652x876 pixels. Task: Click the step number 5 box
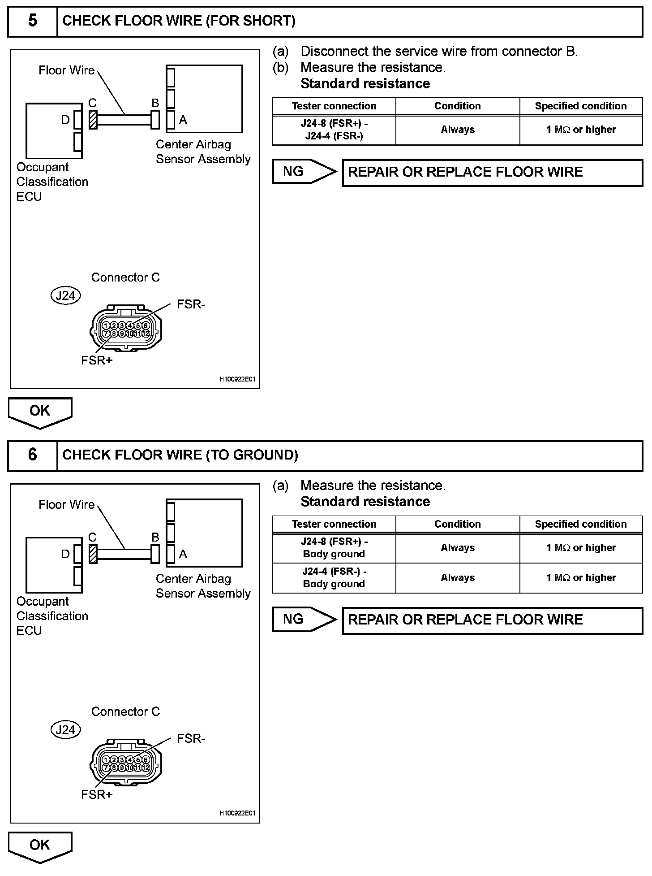point(33,21)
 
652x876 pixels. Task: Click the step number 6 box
point(33,455)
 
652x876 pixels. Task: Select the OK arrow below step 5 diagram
point(40,412)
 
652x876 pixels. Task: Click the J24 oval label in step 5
point(65,295)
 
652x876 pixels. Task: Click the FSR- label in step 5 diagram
point(191,304)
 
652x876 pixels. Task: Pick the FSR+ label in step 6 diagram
point(97,794)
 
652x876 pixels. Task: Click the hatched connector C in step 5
point(93,120)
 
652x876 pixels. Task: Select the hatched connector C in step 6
point(93,554)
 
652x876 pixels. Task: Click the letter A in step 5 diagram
point(183,120)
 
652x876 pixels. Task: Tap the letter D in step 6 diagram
point(65,554)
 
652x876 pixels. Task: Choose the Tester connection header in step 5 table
point(334,106)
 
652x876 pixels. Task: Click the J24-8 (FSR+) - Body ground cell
point(334,548)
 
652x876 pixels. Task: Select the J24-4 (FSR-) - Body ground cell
point(334,578)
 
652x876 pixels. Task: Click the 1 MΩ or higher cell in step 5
point(581,130)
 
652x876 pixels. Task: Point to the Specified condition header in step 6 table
point(581,524)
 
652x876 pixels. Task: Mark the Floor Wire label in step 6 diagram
point(66,505)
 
